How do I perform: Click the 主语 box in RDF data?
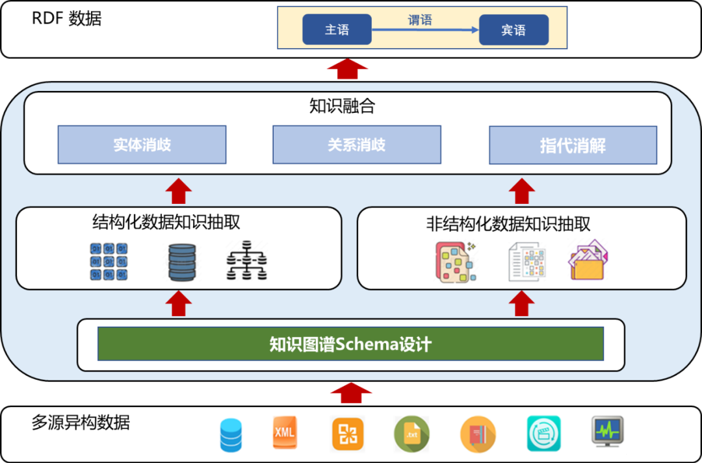[337, 30]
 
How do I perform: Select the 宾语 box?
[513, 30]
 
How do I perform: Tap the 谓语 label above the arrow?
[420, 20]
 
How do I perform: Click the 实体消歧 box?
[142, 144]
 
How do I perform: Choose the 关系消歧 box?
[356, 144]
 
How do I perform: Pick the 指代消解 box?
[573, 145]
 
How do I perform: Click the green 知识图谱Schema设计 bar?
[350, 344]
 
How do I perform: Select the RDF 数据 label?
[67, 18]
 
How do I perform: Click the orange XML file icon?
[284, 432]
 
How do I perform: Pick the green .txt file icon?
[411, 434]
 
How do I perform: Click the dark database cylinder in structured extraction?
[181, 262]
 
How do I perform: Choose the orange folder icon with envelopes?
[590, 261]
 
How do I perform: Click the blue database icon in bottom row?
[231, 435]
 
